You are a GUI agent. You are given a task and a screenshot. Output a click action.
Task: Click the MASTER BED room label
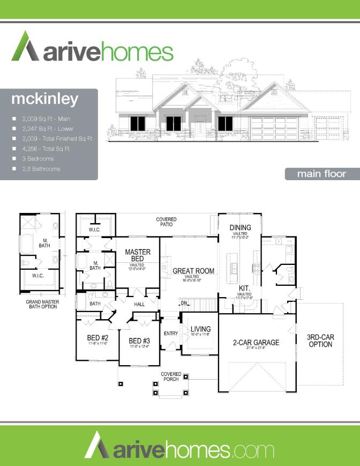point(138,255)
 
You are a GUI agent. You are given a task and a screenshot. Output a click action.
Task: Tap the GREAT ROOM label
point(193,271)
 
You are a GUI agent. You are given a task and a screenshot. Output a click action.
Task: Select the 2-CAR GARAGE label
point(256,342)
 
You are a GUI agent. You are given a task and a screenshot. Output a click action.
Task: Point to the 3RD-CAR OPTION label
point(320,341)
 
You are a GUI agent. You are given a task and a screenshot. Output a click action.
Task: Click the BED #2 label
point(98,337)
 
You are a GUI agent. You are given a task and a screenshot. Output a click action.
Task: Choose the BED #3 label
point(138,341)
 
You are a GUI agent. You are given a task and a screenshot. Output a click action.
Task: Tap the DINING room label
point(241,228)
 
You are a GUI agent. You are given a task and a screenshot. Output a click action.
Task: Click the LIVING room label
point(200,329)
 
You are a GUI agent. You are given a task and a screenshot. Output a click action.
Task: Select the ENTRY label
point(171,334)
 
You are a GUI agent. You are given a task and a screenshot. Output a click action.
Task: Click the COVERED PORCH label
point(171,376)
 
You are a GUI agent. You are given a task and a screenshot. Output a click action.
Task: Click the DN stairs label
point(184,303)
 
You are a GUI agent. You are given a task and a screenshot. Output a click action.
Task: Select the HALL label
point(139,304)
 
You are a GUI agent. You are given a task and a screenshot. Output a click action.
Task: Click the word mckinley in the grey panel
point(45,99)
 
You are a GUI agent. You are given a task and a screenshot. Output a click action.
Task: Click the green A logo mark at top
point(24,47)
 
